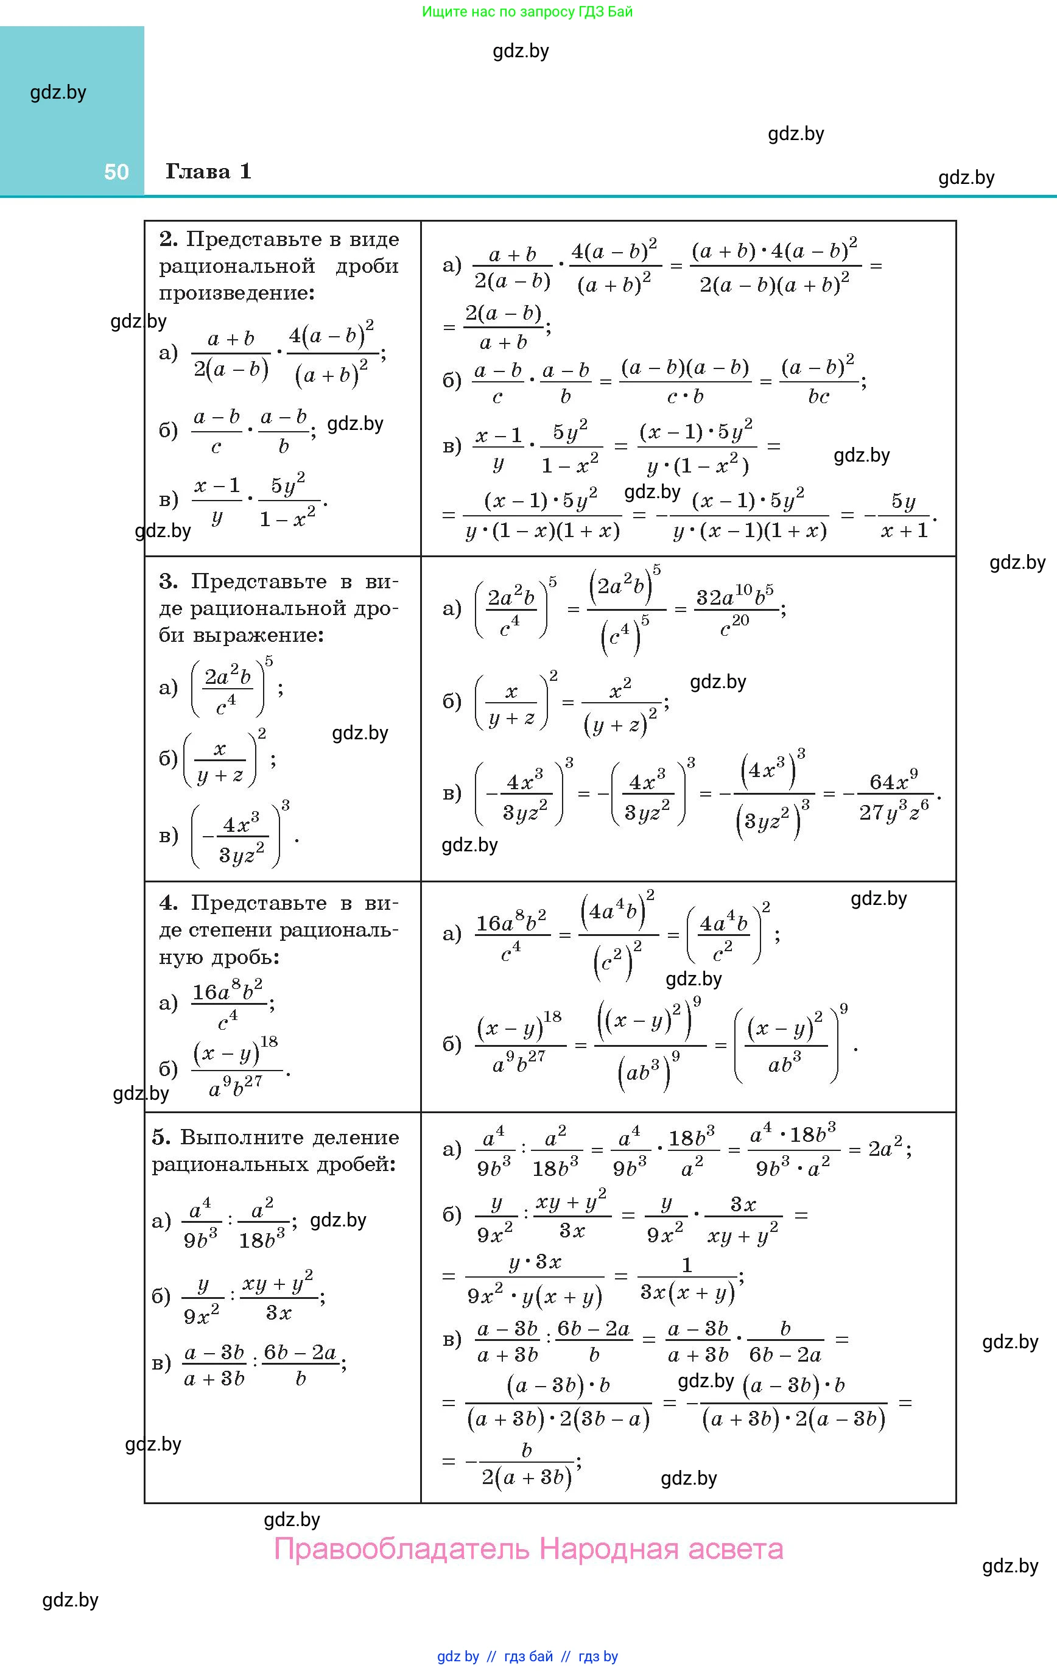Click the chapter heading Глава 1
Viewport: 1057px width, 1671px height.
pos(208,171)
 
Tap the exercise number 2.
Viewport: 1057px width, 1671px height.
pos(168,239)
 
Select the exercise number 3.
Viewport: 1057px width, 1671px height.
pos(168,581)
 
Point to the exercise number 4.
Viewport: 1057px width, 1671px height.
pos(168,903)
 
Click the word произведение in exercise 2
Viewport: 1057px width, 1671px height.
pos(237,293)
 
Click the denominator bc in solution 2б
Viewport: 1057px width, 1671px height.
pos(819,396)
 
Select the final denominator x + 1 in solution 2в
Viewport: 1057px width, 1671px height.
pos(904,531)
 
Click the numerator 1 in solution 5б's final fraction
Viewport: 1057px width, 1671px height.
pos(686,1264)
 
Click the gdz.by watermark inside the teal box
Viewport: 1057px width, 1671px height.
pos(58,93)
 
